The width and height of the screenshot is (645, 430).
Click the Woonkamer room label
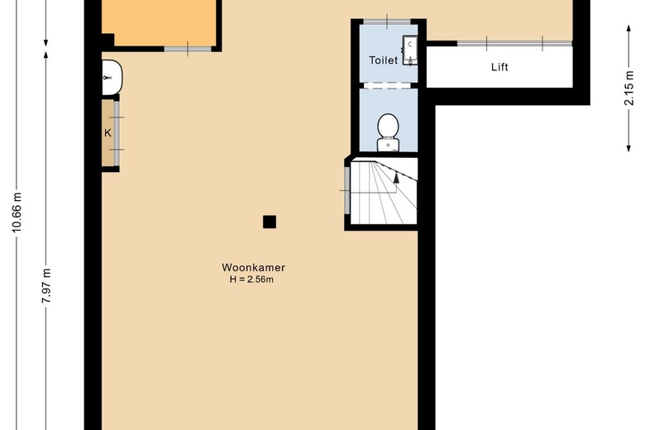253,267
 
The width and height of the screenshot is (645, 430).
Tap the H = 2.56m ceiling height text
251,279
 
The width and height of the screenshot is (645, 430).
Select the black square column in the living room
270,222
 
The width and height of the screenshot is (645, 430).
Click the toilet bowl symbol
388,132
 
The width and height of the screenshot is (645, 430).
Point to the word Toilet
384,60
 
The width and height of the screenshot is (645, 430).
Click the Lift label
499,67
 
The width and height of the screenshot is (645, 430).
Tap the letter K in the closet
107,133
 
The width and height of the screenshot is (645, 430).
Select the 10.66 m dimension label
17,212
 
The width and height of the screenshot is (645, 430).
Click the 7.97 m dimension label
46,286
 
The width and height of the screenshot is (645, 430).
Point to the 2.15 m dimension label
629,88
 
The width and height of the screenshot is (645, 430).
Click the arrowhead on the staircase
396,178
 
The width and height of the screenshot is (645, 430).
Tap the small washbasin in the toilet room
410,50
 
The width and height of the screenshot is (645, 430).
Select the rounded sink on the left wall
112,78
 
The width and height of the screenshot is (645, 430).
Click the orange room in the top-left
159,22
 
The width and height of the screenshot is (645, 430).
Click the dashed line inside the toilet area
389,85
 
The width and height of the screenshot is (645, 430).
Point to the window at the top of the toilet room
387,21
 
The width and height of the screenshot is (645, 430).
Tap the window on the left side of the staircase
346,190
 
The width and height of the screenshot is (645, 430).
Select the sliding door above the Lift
514,43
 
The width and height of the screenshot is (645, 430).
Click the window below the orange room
188,49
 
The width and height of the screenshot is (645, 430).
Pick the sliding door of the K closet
117,133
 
